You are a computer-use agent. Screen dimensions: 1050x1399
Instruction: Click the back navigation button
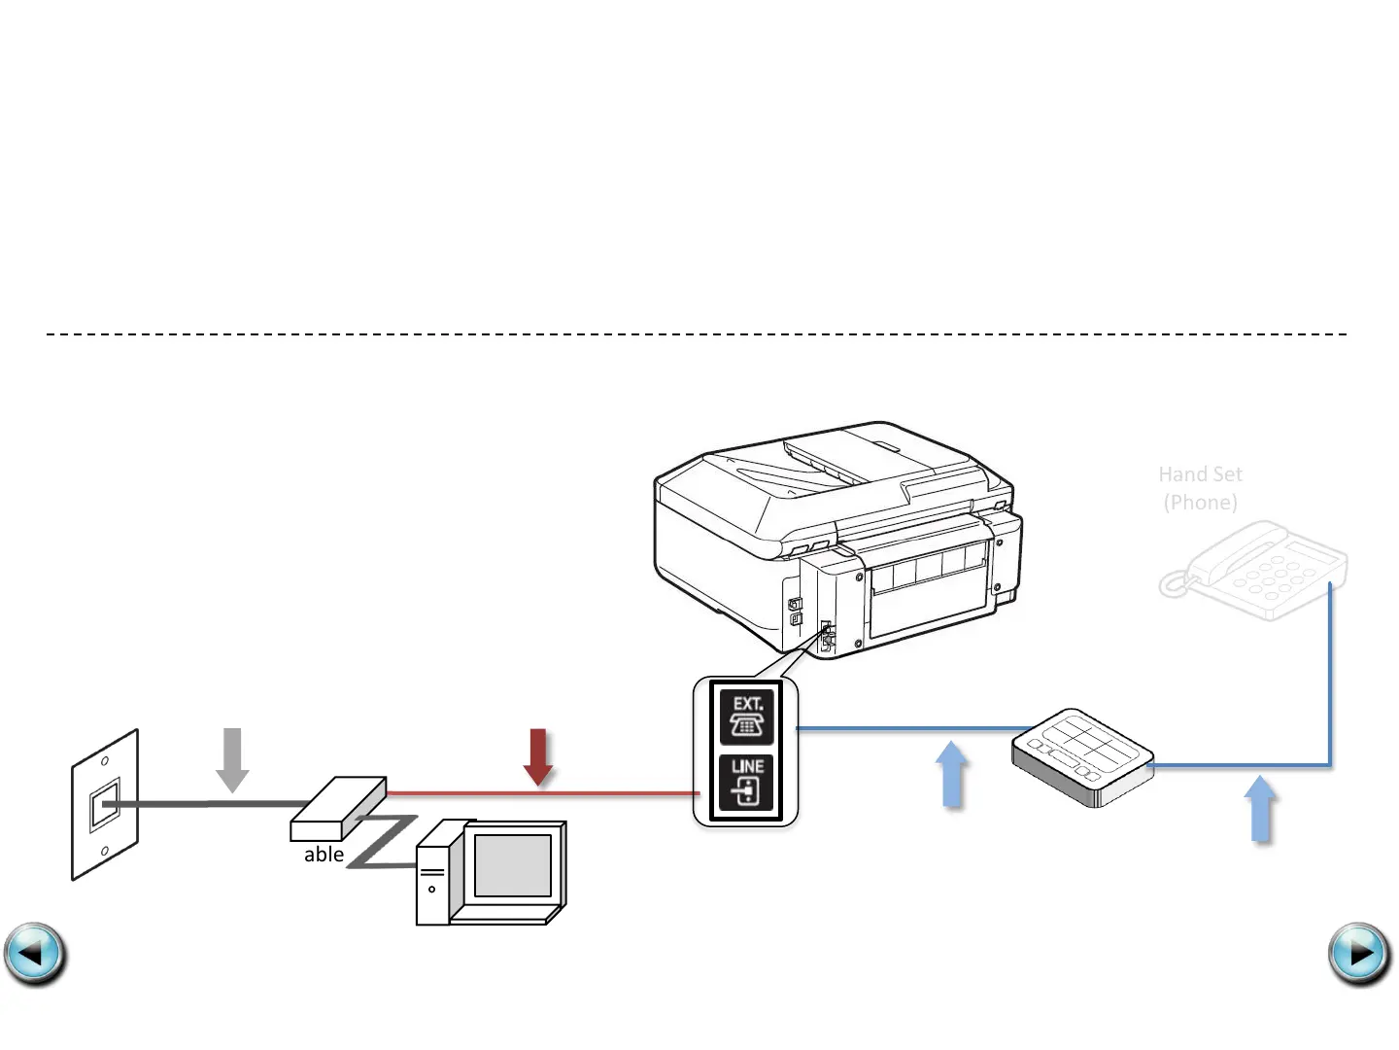pyautogui.click(x=35, y=954)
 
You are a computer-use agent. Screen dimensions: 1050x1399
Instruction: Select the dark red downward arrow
pyautogui.click(x=538, y=757)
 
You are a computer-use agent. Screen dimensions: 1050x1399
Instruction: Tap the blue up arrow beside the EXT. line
pyautogui.click(x=953, y=774)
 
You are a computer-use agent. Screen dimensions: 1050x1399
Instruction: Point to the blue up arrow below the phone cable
pyautogui.click(x=1260, y=808)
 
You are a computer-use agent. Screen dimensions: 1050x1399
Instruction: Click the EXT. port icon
pyautogui.click(x=746, y=717)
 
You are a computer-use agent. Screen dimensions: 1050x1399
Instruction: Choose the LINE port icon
pyautogui.click(x=746, y=783)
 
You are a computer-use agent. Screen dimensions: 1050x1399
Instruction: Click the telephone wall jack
pyautogui.click(x=104, y=806)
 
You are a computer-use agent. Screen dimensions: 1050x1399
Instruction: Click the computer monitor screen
pyautogui.click(x=512, y=865)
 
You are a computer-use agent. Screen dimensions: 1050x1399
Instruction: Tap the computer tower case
pyautogui.click(x=432, y=875)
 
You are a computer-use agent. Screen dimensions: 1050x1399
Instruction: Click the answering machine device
pyautogui.click(x=1082, y=757)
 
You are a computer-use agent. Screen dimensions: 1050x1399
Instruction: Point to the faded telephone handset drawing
pyautogui.click(x=1253, y=572)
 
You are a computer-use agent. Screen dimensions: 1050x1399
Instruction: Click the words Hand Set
pyautogui.click(x=1200, y=474)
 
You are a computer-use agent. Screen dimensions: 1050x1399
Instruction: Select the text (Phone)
pyautogui.click(x=1200, y=503)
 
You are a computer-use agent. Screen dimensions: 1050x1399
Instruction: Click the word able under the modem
pyautogui.click(x=324, y=855)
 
